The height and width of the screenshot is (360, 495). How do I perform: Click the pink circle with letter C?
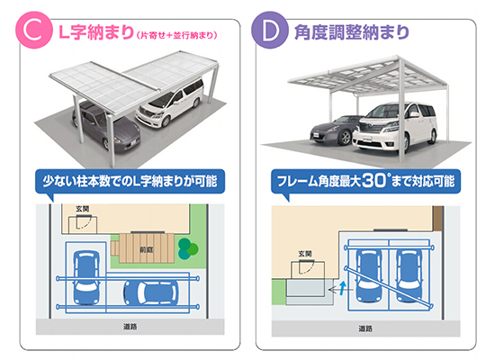point(34,30)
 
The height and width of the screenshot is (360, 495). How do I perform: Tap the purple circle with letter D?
point(270,30)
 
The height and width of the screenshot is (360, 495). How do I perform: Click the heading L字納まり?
point(96,32)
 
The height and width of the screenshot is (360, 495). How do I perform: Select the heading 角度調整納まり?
point(352,31)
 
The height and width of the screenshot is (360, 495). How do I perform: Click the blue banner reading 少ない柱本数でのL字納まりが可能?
point(130,182)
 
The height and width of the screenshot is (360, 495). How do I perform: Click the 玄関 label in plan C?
point(83,209)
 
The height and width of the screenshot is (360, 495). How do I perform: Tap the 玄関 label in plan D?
point(305,254)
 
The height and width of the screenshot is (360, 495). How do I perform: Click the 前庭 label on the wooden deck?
point(147,249)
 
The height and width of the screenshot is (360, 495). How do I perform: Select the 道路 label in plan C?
point(130,327)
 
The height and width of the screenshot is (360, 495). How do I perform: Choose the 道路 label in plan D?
point(365,328)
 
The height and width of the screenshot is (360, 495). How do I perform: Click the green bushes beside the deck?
point(188,248)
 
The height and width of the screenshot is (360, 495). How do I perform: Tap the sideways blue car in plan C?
point(150,292)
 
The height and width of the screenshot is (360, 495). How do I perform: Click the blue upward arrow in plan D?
point(344,288)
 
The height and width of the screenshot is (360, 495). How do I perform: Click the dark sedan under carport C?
point(106,127)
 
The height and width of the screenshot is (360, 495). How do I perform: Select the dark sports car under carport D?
point(337,130)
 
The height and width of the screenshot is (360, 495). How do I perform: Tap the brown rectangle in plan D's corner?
point(438,218)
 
